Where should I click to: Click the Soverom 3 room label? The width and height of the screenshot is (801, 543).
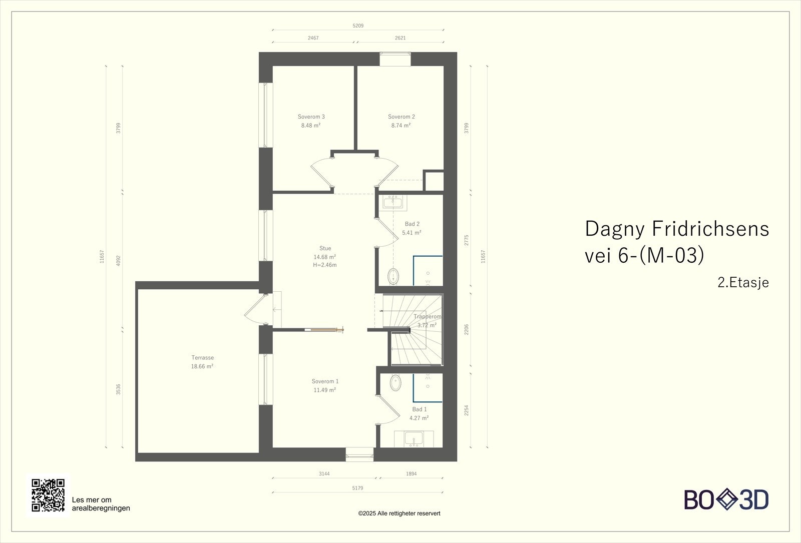[311, 117]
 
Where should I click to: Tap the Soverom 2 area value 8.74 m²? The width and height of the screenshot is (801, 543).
[401, 126]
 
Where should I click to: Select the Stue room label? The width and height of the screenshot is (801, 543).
[325, 248]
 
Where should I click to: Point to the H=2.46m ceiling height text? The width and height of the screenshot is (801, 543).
[325, 265]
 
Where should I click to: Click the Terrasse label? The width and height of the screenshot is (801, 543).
[202, 357]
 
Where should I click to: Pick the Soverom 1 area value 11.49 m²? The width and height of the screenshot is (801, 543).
[325, 390]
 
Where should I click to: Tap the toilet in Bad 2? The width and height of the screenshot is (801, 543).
[393, 276]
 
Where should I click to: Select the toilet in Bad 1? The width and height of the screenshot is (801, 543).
[395, 382]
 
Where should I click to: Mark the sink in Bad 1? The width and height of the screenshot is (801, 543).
[414, 438]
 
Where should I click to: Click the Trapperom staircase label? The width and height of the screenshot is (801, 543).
[428, 317]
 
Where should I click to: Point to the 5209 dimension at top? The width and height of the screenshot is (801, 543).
[358, 26]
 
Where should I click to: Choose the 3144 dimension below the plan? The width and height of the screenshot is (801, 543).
[324, 473]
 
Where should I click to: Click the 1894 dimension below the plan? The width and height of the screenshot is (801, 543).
[411, 473]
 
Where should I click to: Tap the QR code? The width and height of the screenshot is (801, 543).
[48, 495]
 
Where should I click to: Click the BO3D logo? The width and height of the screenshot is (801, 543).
[726, 499]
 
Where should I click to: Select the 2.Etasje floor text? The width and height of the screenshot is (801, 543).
[743, 282]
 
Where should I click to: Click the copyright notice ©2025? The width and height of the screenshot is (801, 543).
[399, 513]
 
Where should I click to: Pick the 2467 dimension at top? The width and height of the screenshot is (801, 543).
[313, 38]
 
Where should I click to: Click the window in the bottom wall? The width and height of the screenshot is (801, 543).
[360, 455]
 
